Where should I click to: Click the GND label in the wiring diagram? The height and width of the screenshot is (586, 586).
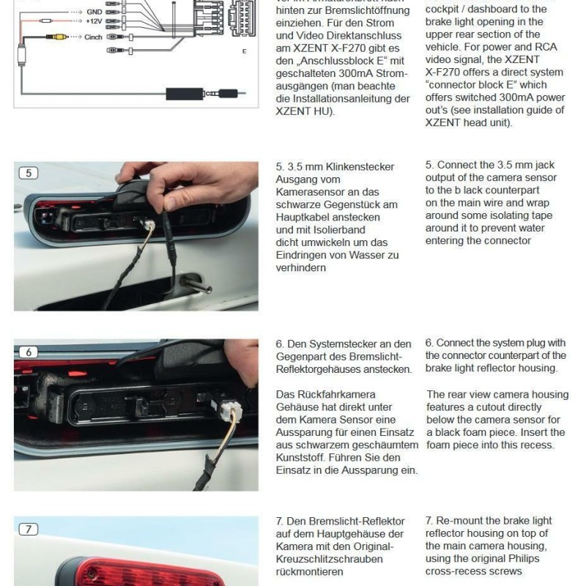click(x=94, y=12)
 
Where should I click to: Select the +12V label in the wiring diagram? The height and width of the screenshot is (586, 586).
click(x=93, y=23)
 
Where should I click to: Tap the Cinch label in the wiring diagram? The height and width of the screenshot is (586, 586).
click(x=93, y=36)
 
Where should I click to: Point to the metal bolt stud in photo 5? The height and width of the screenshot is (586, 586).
click(x=198, y=283)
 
